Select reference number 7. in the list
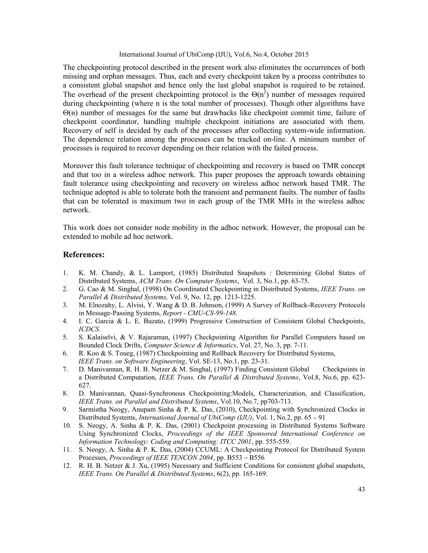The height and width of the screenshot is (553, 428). [x=65, y=369]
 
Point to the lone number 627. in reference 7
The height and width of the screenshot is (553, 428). [x=84, y=385]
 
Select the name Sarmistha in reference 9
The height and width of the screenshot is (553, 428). [x=92, y=409]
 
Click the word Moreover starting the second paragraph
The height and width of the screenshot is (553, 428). [x=78, y=166]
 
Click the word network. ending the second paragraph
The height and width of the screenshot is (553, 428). [x=76, y=210]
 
